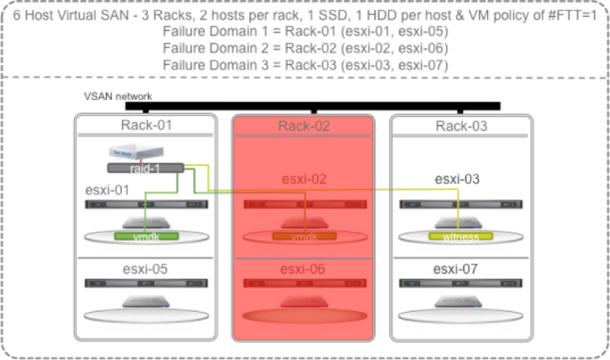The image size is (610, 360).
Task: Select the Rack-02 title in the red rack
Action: (304, 126)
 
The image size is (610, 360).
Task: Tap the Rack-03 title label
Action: (462, 126)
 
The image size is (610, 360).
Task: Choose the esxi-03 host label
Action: (458, 179)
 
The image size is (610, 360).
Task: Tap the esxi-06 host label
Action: (303, 269)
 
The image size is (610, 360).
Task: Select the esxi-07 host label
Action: (459, 269)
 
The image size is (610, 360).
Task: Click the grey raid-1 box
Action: (145, 168)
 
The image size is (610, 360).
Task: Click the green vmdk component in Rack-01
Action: (146, 237)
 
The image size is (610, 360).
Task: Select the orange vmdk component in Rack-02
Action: (305, 237)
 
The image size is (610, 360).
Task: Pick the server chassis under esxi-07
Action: (460, 283)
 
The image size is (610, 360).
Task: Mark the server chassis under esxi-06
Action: (304, 283)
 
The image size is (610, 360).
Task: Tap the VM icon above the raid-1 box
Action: (126, 152)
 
